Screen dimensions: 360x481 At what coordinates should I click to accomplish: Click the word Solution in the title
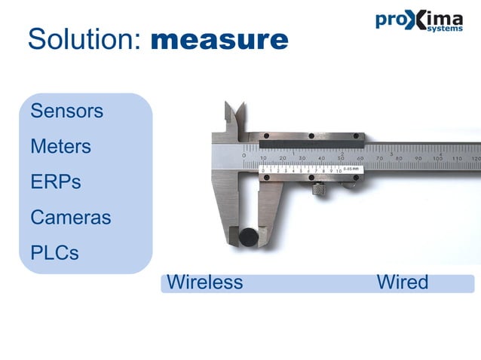[x=83, y=39]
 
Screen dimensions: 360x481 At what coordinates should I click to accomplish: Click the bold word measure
[x=219, y=40]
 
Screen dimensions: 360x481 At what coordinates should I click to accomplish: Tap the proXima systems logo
[x=418, y=20]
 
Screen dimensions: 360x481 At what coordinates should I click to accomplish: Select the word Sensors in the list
[x=67, y=111]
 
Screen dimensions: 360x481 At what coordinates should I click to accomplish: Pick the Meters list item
[x=60, y=147]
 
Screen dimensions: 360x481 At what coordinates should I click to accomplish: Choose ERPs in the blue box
[x=56, y=182]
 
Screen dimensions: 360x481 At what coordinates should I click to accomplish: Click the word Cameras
[x=71, y=218]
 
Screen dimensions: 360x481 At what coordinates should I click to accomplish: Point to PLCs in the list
[x=54, y=252]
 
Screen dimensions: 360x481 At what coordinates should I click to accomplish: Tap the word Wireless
[x=205, y=282]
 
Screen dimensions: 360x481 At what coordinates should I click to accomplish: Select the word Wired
[x=403, y=282]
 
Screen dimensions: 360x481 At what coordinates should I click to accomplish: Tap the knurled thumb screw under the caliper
[x=320, y=191]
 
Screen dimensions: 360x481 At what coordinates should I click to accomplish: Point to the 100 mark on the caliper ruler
[x=439, y=158]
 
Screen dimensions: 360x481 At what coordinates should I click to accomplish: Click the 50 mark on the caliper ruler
[x=341, y=158]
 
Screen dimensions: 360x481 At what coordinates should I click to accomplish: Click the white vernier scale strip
[x=309, y=169]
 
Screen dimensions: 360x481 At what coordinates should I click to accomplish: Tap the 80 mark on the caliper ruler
[x=400, y=158]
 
